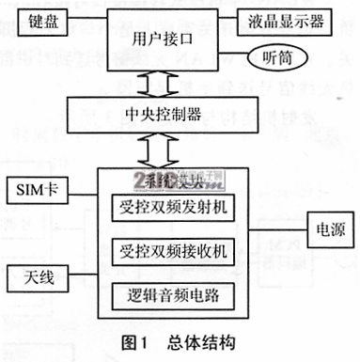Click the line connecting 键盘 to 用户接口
coord(86,21)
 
